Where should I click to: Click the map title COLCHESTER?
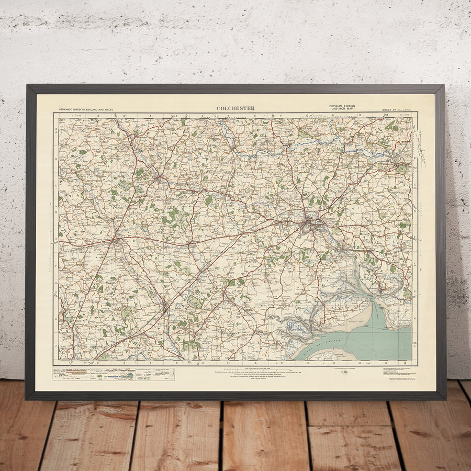tap(235, 108)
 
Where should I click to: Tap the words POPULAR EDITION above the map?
tap(342, 106)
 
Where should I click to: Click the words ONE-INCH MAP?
tap(342, 109)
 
